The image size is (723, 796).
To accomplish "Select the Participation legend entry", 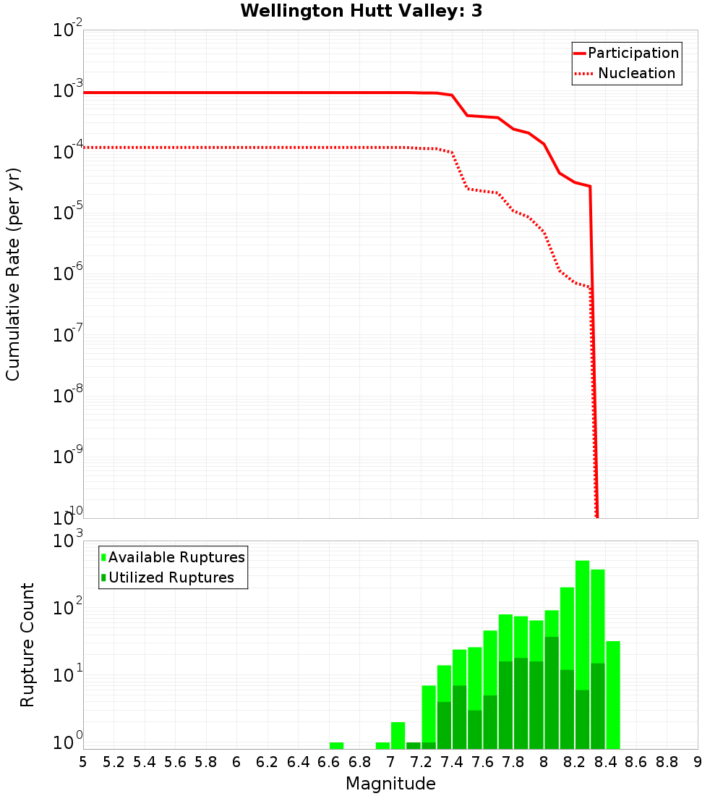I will coord(633,53).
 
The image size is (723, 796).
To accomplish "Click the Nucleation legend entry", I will coord(636,73).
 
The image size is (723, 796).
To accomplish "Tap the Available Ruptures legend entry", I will coord(176,557).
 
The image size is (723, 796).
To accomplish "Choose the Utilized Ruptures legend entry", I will coord(171,577).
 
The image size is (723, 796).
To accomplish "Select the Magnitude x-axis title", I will coord(390,783).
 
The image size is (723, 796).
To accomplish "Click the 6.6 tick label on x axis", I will coord(329,761).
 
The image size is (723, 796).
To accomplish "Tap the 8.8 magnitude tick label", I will coord(667,761).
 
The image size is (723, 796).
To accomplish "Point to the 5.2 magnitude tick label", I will coord(114,761).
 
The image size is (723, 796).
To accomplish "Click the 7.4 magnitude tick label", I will coord(452,761).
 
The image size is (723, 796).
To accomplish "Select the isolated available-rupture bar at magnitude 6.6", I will coord(336,745).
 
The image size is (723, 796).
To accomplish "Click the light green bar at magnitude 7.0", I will coord(398,735).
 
